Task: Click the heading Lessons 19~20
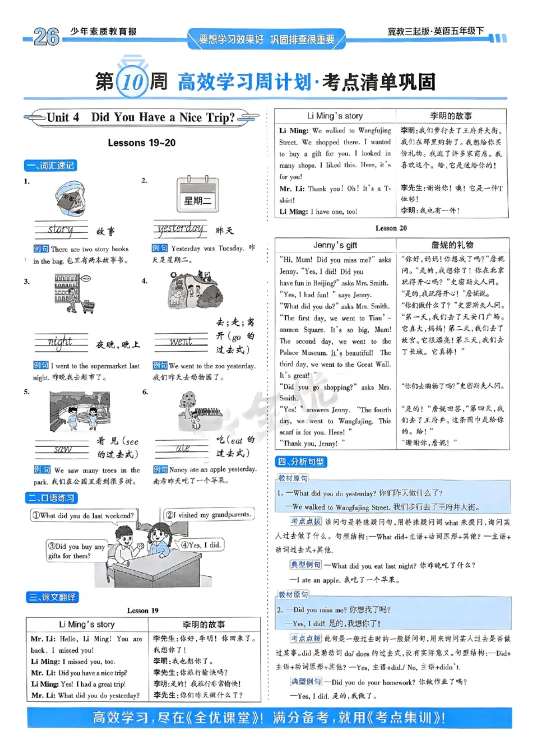[x=141, y=143]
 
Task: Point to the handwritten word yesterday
[x=179, y=229]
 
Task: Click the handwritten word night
[x=60, y=342]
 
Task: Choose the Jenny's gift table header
[x=336, y=245]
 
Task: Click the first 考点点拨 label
[x=306, y=521]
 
